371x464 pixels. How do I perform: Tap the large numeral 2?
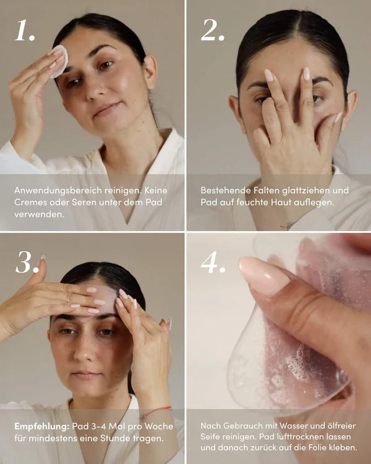click(212, 30)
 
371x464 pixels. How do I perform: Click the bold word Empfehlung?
click(42, 427)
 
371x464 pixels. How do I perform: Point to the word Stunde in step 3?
click(115, 438)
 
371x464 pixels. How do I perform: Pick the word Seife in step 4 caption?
click(210, 436)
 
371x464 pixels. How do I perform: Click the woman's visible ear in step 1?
click(150, 72)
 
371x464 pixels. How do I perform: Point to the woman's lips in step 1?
click(106, 109)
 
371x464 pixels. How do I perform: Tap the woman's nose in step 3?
click(83, 349)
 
